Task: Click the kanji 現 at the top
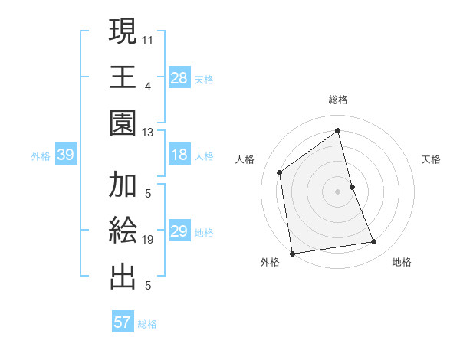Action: [123, 32]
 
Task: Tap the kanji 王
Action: [123, 77]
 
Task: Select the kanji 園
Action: [123, 123]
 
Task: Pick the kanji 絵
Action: [123, 231]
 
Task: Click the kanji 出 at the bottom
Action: [123, 277]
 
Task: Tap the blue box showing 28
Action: [179, 78]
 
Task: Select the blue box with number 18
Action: [179, 155]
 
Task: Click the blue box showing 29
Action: [179, 232]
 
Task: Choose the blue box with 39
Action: [65, 155]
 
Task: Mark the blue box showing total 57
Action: [123, 322]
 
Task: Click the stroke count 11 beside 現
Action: [148, 39]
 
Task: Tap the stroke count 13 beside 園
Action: [148, 132]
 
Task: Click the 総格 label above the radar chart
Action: [338, 100]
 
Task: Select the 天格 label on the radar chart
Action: [431, 159]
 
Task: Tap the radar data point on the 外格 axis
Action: [292, 253]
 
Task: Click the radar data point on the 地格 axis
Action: [374, 242]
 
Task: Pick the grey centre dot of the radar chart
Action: [337, 191]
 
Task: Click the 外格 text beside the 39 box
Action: [41, 156]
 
